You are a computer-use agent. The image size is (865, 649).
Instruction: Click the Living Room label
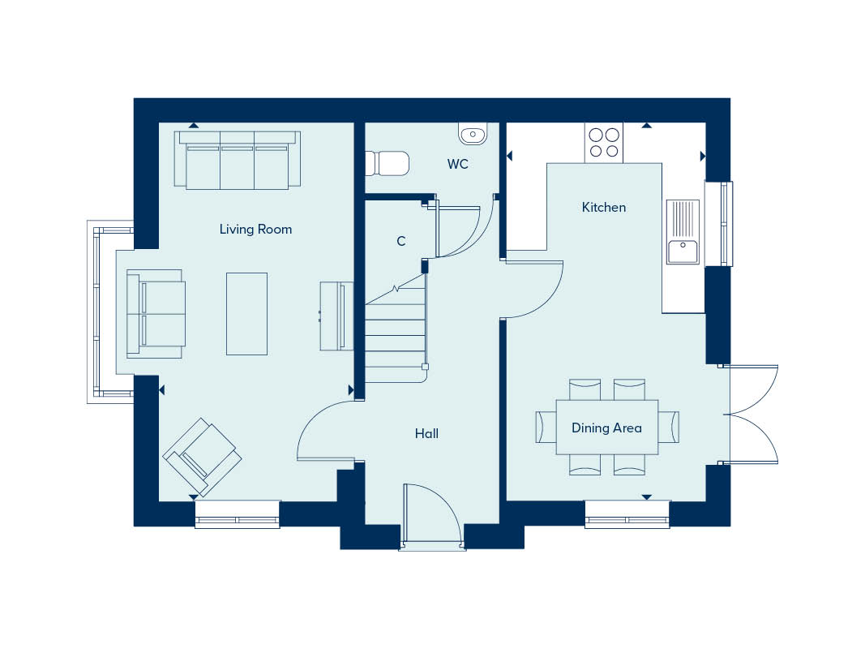(x=255, y=229)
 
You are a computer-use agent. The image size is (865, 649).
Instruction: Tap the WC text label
(x=457, y=164)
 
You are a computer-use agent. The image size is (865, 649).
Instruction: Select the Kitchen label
(x=603, y=208)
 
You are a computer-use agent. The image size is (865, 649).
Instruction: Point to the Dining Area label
(x=606, y=428)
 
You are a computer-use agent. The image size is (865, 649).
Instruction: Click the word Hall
(x=426, y=434)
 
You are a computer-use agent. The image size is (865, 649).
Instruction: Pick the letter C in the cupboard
(x=401, y=241)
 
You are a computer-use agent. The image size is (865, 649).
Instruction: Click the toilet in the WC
(x=388, y=163)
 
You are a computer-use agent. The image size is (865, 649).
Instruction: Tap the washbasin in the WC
(x=473, y=134)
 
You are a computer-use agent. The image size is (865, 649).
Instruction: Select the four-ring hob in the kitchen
(x=603, y=143)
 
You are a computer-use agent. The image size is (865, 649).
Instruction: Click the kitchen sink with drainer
(x=683, y=232)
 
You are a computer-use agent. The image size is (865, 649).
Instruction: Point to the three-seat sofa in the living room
(x=238, y=160)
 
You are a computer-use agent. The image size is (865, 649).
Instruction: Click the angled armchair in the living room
(x=202, y=457)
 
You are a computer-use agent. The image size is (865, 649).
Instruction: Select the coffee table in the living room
(x=246, y=313)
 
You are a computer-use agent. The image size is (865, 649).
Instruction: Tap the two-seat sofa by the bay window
(x=156, y=313)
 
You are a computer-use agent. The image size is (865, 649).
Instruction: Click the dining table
(x=607, y=428)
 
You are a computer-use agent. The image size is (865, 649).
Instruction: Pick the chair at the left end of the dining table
(x=546, y=428)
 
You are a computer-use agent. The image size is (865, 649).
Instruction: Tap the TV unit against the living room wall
(x=336, y=316)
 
